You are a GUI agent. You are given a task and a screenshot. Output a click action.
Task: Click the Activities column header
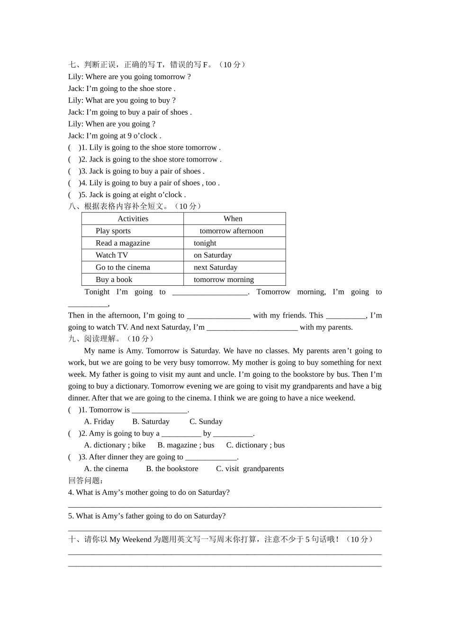coord(133,218)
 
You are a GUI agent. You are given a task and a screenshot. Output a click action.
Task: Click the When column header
coord(233,218)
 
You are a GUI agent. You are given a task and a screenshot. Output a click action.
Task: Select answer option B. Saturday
coord(151,421)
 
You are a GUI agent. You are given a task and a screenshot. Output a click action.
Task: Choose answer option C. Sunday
coord(206,421)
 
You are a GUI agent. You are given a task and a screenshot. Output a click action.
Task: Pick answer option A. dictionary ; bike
coord(115,445)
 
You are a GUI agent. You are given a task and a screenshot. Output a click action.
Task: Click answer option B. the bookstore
coord(172,469)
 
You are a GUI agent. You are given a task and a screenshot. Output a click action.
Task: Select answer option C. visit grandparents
coord(250,469)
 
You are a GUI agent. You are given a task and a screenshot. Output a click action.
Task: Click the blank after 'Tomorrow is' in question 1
coord(160,410)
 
